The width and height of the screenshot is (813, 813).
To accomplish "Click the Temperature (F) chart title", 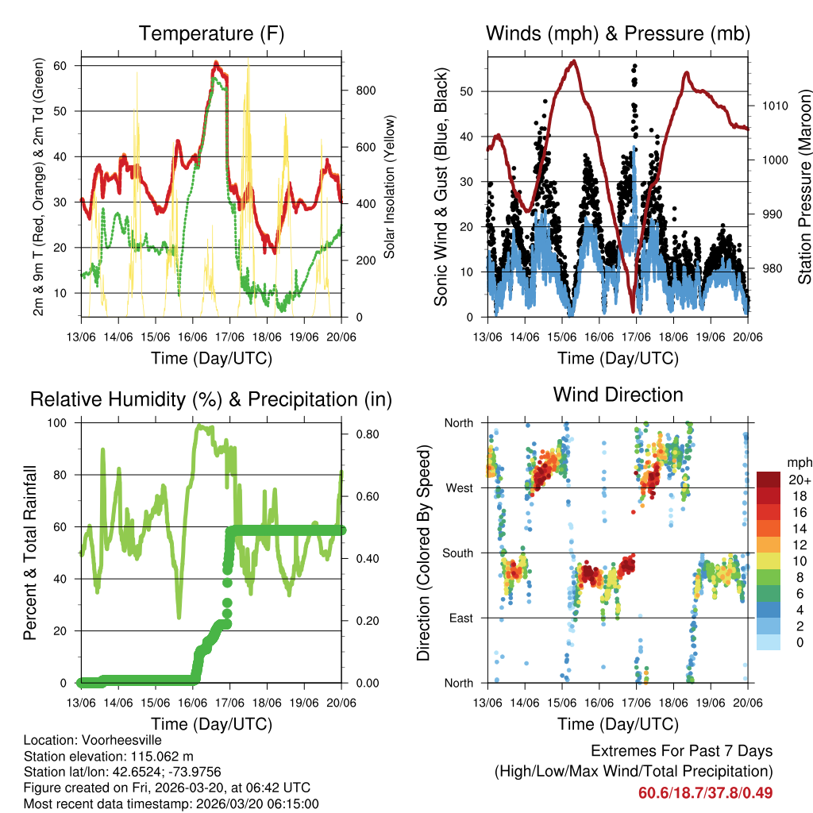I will (x=211, y=33).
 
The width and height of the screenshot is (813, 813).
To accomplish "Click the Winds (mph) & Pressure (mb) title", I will (x=618, y=33).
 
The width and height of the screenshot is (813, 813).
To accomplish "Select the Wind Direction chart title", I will (x=618, y=395).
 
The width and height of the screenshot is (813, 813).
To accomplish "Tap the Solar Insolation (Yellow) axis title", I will (x=390, y=187).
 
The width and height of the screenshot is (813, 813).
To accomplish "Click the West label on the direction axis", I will (x=458, y=487).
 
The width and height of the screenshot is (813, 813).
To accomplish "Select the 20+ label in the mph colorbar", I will (x=799, y=480).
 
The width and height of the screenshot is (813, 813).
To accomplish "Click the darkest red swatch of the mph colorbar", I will (x=768, y=480).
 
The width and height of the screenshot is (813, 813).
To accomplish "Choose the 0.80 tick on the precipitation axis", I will (x=367, y=434).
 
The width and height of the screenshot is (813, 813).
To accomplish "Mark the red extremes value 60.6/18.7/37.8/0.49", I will (x=705, y=793).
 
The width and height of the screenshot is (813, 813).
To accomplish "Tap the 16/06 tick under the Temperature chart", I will (x=193, y=336).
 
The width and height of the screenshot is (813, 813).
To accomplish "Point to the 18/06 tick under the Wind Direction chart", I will (x=673, y=702).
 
